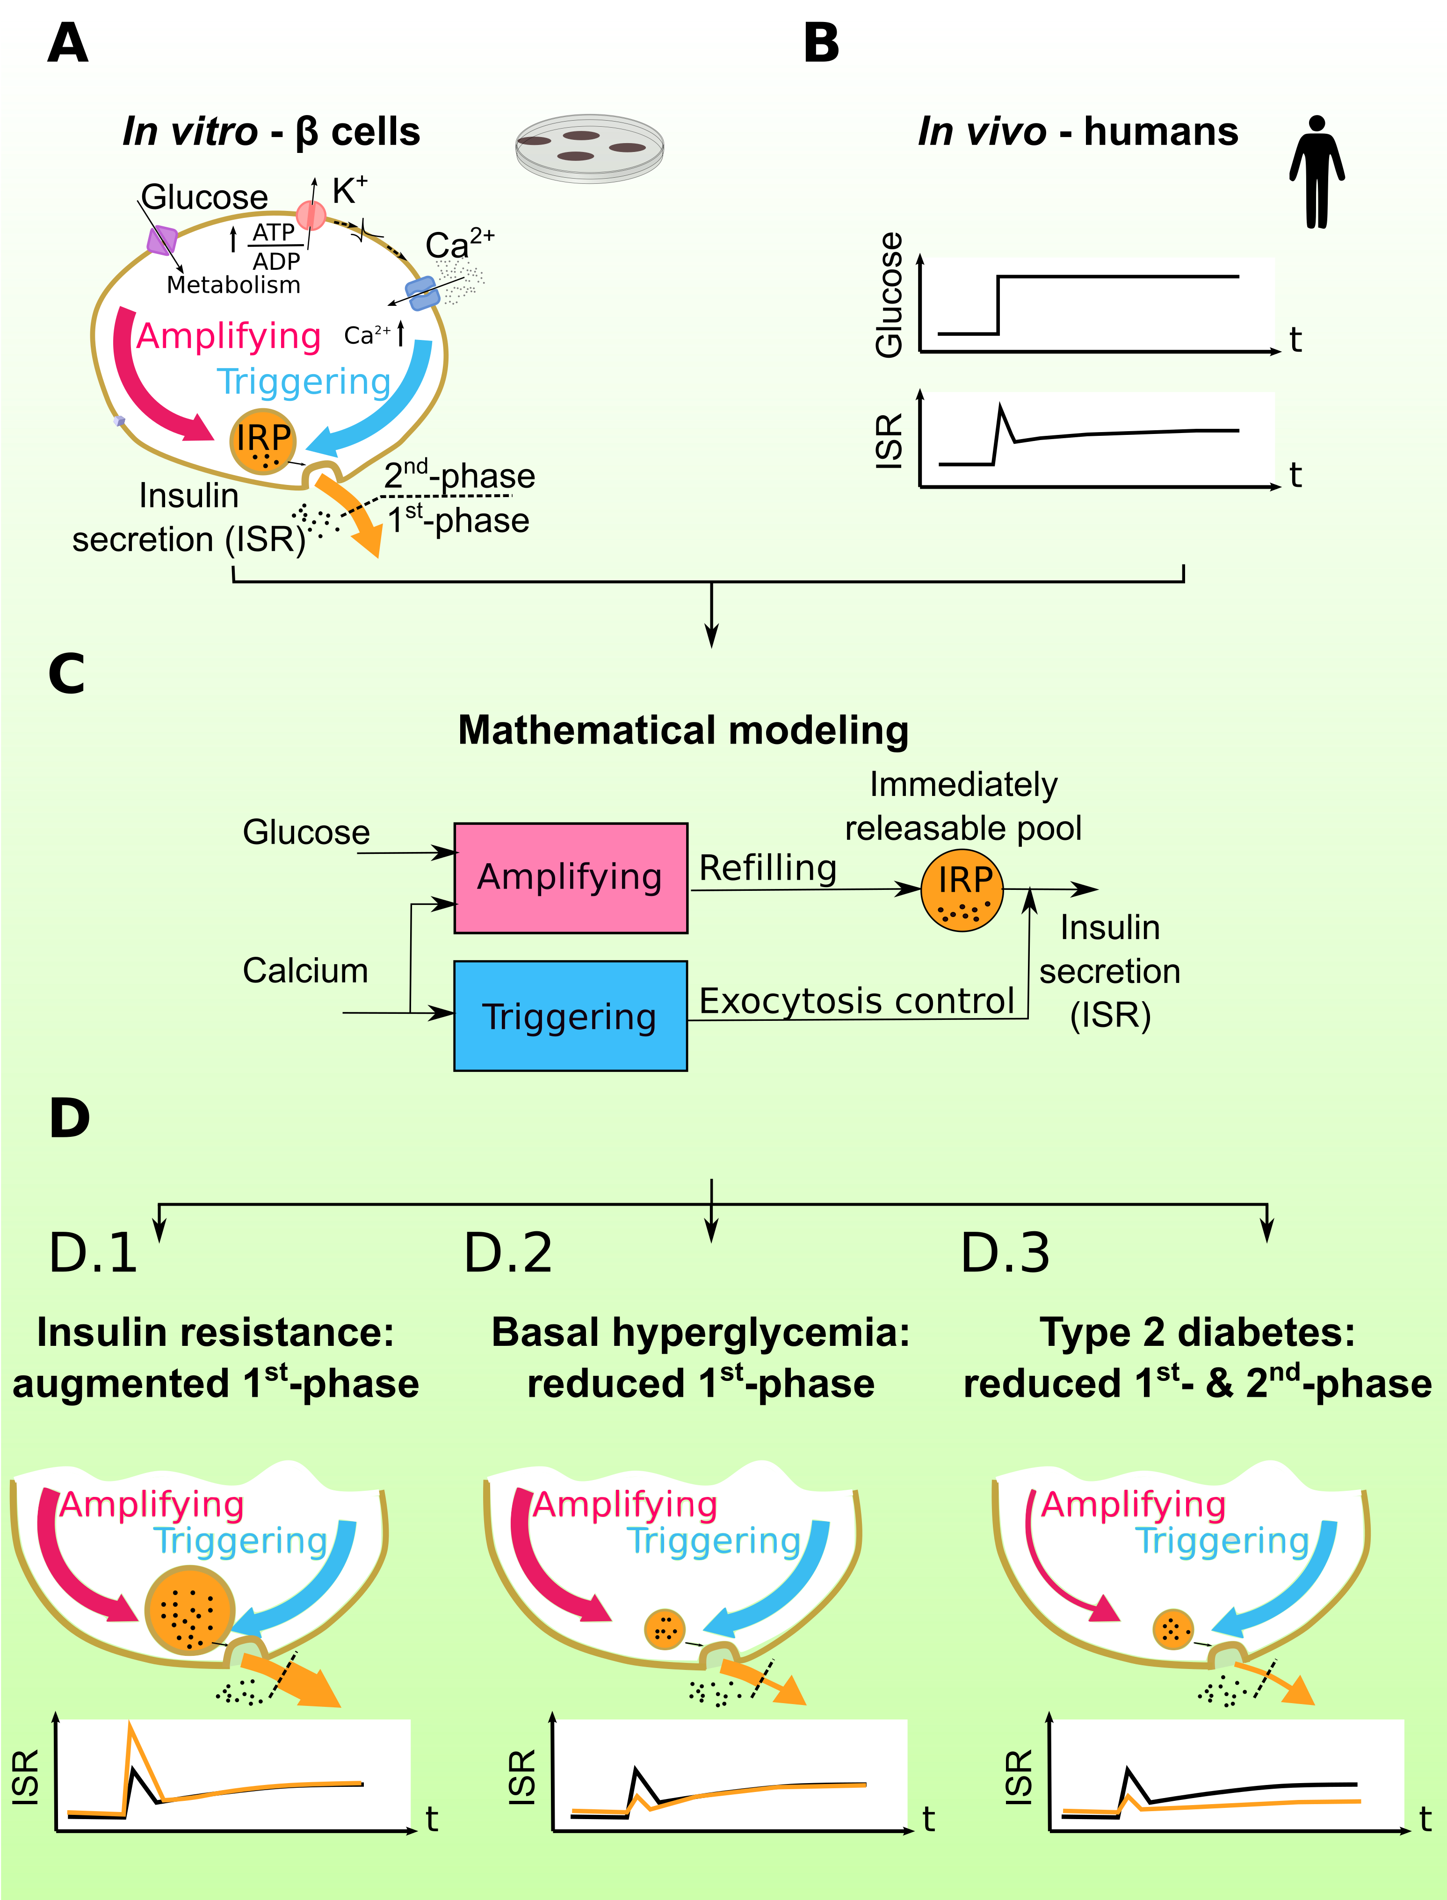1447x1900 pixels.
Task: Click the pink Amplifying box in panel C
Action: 570,878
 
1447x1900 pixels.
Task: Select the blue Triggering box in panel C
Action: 570,1016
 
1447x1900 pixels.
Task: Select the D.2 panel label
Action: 508,1253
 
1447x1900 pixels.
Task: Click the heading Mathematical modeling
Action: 683,730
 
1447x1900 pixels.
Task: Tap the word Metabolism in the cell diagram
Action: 233,285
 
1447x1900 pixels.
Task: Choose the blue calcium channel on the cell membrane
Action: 422,293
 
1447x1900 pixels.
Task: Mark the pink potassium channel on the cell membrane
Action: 311,215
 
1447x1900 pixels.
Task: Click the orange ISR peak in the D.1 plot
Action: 130,1725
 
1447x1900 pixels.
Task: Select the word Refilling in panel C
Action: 767,868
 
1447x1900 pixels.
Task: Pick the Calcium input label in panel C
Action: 305,971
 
